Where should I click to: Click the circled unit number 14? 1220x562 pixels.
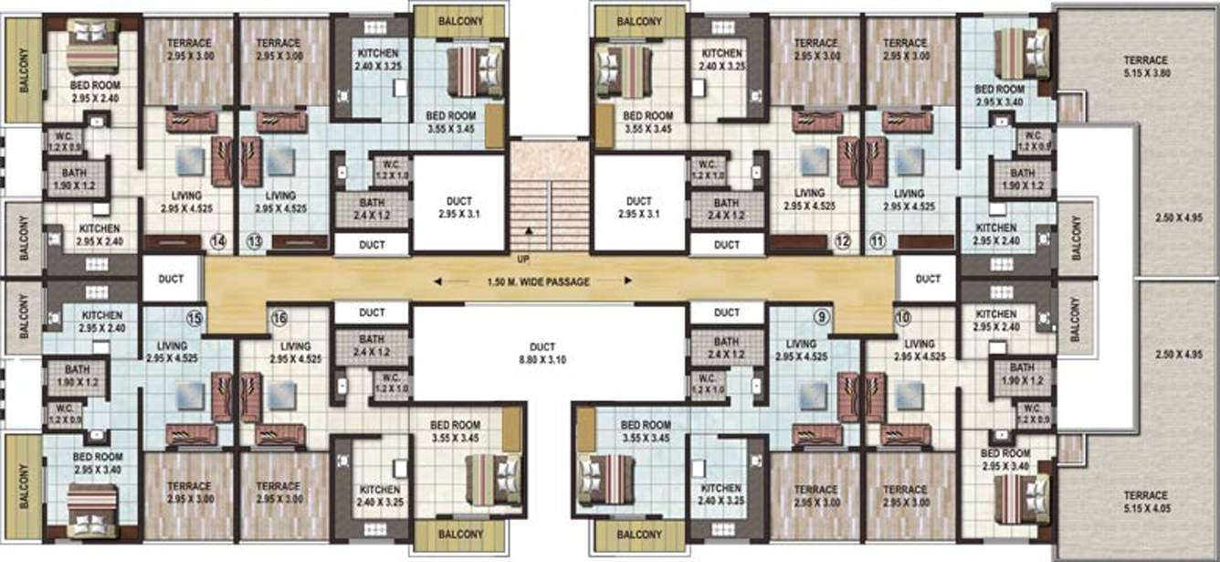217,242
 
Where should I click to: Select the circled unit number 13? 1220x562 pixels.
255,242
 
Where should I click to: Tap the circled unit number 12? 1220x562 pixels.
842,242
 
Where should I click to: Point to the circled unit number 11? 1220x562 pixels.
878,242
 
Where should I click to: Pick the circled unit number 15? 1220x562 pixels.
194,318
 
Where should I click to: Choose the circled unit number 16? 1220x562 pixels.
279,318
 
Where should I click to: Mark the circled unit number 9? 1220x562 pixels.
822,318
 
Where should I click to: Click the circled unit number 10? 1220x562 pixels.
903,318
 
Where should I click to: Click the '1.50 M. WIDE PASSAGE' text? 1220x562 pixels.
538,282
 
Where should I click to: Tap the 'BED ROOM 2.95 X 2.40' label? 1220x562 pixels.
95,90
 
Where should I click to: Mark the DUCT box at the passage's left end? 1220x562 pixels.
172,279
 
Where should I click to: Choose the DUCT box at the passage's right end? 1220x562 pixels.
928,279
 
